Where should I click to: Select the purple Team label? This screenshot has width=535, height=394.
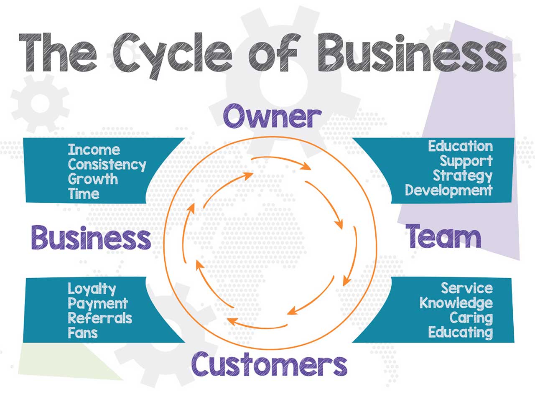[x=444, y=236]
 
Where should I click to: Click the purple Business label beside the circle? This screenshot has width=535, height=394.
[x=91, y=238]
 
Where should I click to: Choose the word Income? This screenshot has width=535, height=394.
[x=94, y=149]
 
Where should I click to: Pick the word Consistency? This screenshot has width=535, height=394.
[x=107, y=165]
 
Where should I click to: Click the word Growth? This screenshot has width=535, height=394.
[x=93, y=179]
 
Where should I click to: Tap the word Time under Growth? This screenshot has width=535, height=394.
[x=84, y=193]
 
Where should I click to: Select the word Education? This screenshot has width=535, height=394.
[x=460, y=146]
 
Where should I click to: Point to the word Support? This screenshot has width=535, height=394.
[x=466, y=161]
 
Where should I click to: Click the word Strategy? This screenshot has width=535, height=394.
[x=462, y=176]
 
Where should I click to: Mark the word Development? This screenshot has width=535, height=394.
[x=448, y=191]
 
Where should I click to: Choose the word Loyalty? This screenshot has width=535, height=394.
[x=92, y=289]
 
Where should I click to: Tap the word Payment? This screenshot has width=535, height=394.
[x=97, y=303]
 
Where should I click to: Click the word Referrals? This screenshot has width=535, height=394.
[x=100, y=318]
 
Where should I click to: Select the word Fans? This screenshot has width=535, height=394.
[x=83, y=333]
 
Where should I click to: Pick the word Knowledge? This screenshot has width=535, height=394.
[x=456, y=302]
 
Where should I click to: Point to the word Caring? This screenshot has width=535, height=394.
[x=471, y=318]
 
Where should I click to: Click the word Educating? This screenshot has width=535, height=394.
[x=460, y=333]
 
